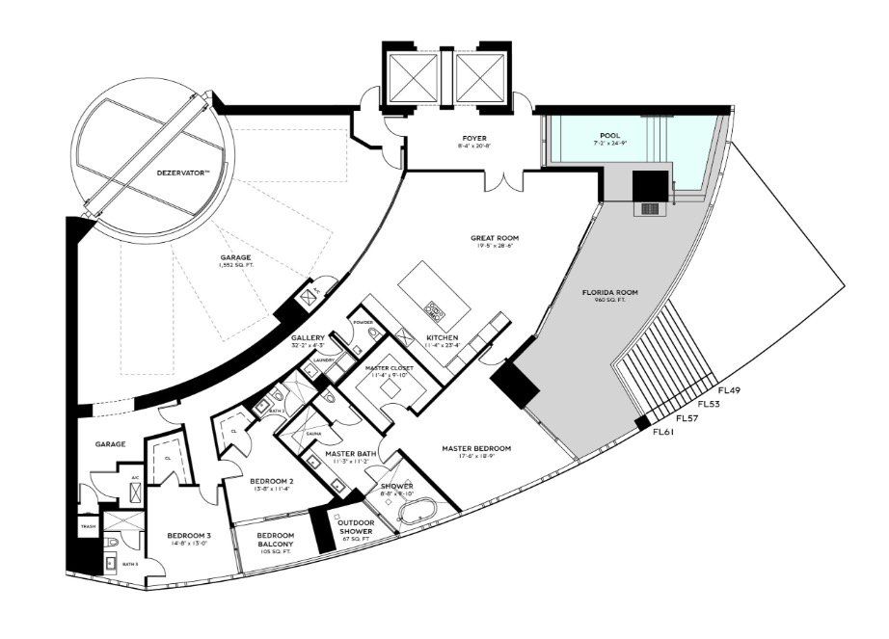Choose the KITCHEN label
tap(444, 338)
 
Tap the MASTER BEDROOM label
tap(476, 448)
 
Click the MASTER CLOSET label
tap(390, 368)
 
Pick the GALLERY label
tap(309, 338)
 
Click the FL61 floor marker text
tap(665, 432)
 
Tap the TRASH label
tap(89, 527)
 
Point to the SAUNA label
tap(312, 435)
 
